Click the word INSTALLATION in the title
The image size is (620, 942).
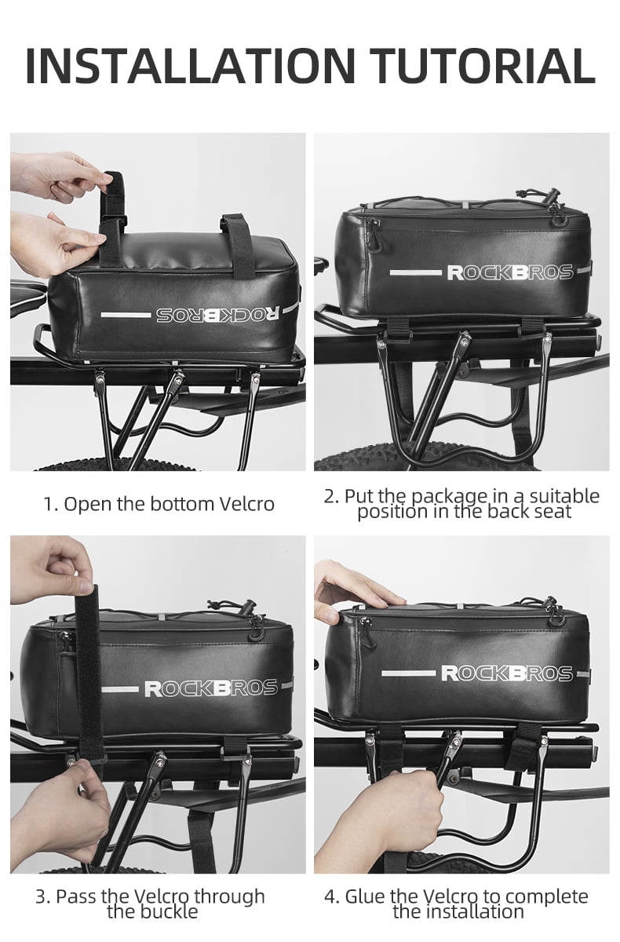[x=191, y=66]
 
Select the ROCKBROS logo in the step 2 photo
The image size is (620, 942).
[x=510, y=272]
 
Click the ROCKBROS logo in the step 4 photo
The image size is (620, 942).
[x=507, y=674]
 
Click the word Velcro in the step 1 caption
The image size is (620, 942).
[x=247, y=503]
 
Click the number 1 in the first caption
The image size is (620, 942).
[x=50, y=504]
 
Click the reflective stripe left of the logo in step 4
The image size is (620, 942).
[x=408, y=674]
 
